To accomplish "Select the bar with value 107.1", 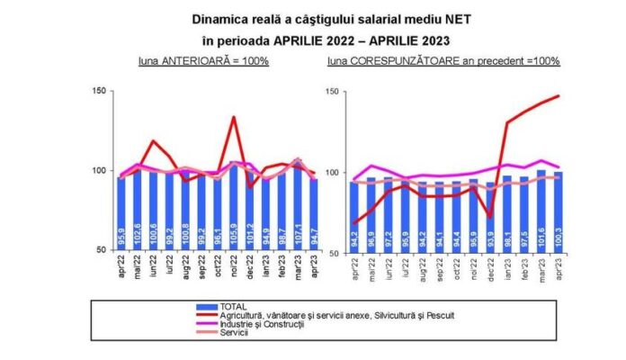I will point(299,207).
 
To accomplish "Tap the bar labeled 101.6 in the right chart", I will point(541,211).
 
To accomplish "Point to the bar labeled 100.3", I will point(558,212).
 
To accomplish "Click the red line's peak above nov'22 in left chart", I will point(234,116).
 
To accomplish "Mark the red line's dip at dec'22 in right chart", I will point(490,217).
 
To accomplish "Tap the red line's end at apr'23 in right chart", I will point(559,95).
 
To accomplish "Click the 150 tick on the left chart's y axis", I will point(100,91).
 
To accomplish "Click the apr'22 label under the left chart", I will point(122,267).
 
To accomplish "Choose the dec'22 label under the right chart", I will point(491,267).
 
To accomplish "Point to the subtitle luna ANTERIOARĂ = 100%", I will point(204,61).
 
